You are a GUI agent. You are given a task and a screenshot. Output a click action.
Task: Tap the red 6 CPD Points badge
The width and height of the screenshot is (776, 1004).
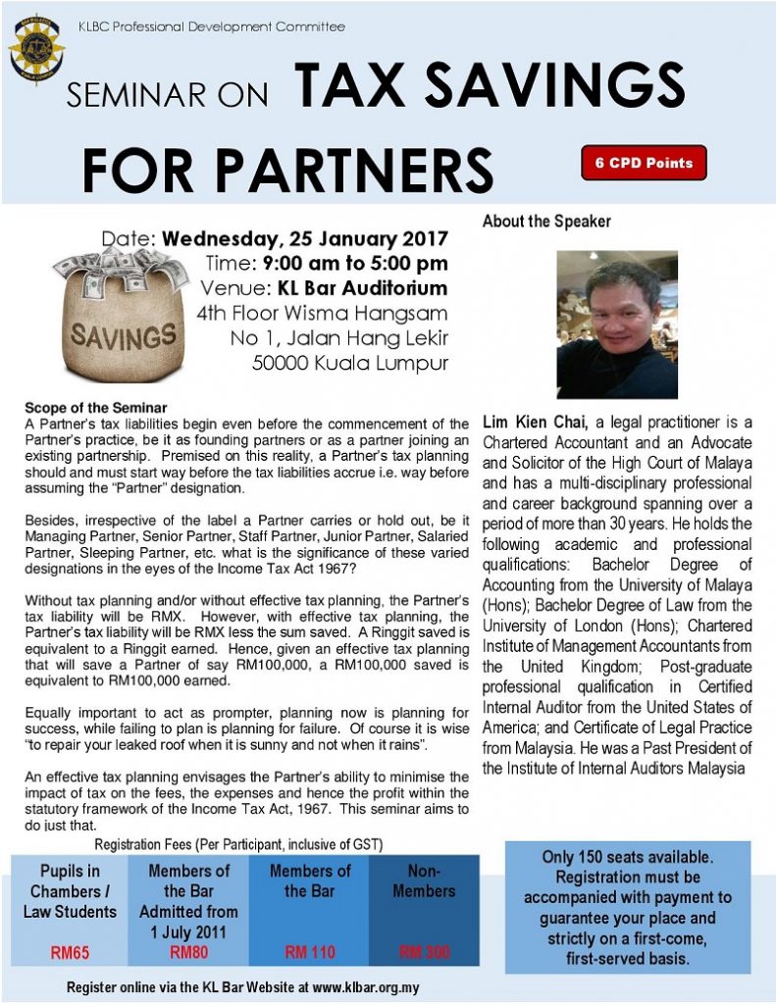(644, 163)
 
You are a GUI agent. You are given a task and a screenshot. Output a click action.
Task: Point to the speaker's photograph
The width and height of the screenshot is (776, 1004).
(616, 324)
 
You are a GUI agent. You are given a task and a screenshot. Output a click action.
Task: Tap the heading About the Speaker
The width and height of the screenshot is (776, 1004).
(545, 222)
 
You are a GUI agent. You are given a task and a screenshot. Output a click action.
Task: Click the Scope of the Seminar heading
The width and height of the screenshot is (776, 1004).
(96, 408)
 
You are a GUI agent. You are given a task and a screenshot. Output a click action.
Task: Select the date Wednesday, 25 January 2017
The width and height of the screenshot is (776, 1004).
(304, 239)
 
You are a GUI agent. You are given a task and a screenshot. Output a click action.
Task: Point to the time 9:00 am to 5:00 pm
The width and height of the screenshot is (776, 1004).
(355, 264)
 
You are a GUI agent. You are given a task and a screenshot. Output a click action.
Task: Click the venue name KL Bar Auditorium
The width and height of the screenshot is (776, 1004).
(365, 288)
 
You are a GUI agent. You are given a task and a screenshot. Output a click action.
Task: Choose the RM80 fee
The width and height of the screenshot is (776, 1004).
(188, 951)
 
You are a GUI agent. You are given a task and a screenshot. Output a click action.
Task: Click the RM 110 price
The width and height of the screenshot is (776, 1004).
(309, 951)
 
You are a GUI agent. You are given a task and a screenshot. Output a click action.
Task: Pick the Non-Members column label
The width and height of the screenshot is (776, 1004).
(424, 880)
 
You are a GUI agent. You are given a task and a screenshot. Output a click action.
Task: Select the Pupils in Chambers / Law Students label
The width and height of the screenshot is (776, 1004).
(71, 891)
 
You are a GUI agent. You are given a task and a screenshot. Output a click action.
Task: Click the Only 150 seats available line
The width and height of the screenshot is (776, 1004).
(628, 857)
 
